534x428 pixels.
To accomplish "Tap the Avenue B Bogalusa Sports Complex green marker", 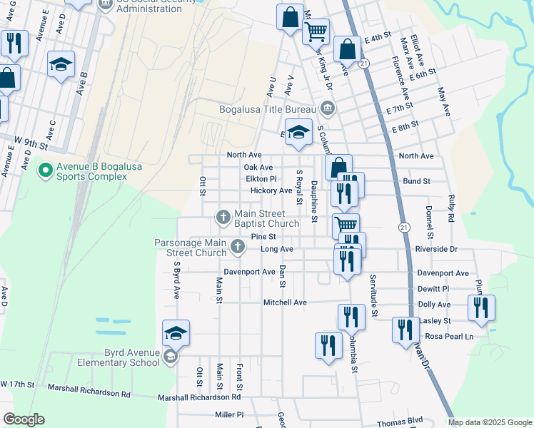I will tap(46, 170).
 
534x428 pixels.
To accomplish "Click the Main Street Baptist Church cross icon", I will tap(223, 215).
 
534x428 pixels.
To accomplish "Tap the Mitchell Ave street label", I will tap(285, 302).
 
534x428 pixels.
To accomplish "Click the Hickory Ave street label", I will tap(271, 190).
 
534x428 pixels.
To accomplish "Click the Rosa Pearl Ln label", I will tap(449, 336).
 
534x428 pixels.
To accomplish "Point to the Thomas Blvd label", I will tap(400, 420).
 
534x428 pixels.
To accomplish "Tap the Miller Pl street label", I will tap(229, 414).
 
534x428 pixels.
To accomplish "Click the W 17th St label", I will tap(18, 384).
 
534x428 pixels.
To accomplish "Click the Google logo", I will tap(24, 419).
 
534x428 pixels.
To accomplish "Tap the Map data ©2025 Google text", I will tap(489, 422).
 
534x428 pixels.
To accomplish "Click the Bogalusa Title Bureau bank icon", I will tap(328, 108).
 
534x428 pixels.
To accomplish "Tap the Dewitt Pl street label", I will tap(453, 288).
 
